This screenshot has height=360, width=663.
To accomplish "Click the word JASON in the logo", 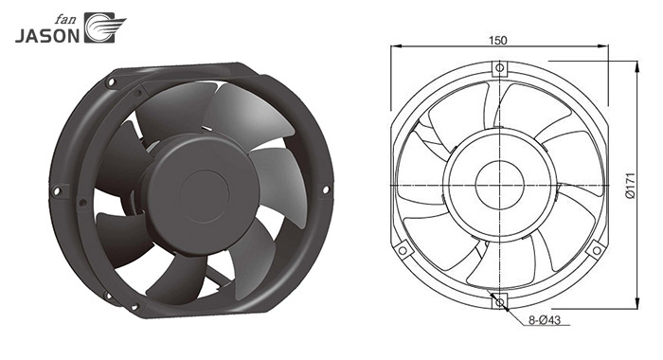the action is (x=47, y=36).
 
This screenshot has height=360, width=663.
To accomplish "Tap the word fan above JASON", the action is (x=64, y=20).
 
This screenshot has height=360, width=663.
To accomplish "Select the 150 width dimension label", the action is (x=497, y=41).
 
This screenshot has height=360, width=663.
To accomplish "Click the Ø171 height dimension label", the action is (x=630, y=186).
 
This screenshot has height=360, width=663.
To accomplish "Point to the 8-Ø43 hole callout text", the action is (x=545, y=320).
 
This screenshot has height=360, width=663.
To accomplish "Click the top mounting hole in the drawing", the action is (x=500, y=67).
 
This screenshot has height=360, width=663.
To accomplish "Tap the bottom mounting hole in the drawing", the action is (x=500, y=302).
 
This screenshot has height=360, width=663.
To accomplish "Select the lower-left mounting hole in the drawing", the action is (x=403, y=251).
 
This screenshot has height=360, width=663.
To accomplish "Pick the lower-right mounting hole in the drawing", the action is (x=597, y=251).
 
